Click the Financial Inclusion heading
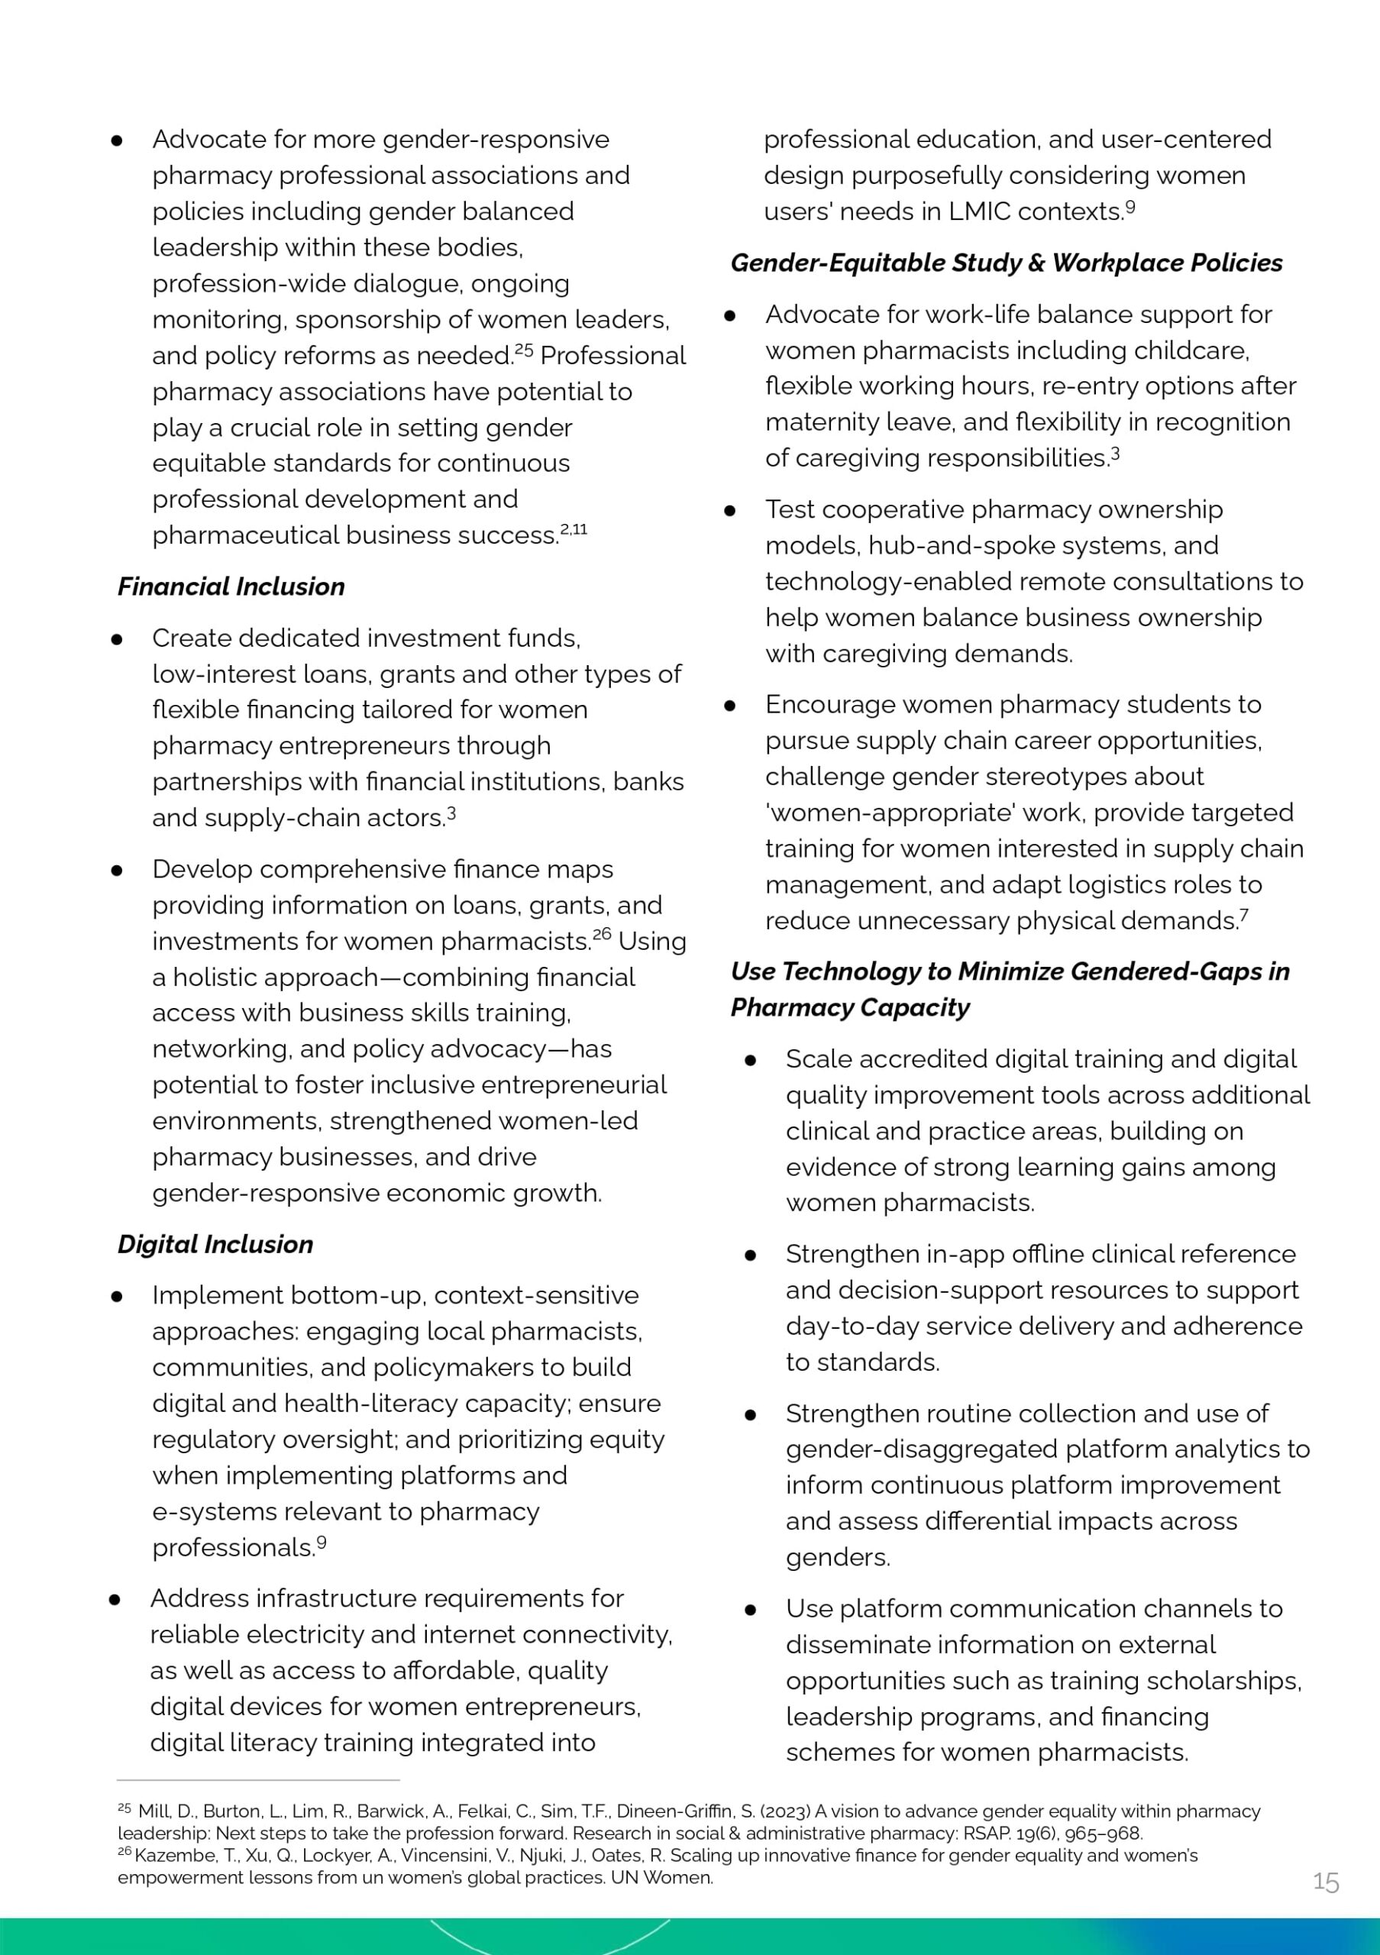coord(231,586)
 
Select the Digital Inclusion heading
coord(215,1244)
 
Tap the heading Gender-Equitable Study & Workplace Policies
coord(1007,263)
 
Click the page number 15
coord(1326,1882)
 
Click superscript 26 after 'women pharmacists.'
coord(602,934)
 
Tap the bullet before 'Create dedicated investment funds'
coord(117,639)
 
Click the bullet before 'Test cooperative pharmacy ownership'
coord(729,511)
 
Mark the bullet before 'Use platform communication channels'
coord(750,1610)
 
